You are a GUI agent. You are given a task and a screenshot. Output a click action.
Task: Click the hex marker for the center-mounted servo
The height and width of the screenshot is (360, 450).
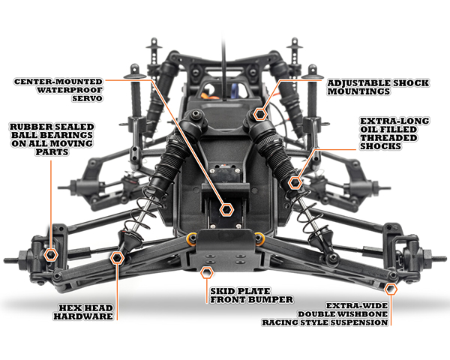[x=226, y=210]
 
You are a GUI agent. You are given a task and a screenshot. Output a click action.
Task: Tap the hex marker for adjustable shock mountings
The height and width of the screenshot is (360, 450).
[x=260, y=114]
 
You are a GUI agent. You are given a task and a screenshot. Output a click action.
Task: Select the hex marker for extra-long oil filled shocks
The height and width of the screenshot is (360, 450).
[x=295, y=182]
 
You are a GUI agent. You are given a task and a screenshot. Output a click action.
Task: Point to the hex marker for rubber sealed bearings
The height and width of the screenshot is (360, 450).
[x=51, y=255]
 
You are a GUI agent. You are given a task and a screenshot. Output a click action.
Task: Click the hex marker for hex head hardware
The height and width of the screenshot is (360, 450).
[x=117, y=258]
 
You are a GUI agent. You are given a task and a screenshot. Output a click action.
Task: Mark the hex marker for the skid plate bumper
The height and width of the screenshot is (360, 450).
[x=207, y=273]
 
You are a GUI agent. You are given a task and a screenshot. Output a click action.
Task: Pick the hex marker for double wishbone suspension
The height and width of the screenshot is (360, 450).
[x=391, y=289]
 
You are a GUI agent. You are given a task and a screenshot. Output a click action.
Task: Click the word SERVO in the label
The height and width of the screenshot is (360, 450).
[x=88, y=98]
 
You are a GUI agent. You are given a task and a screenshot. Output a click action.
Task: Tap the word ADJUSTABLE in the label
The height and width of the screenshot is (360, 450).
[x=358, y=83]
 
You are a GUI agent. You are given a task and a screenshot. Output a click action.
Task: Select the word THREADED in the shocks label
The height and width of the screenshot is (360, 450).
[x=388, y=138]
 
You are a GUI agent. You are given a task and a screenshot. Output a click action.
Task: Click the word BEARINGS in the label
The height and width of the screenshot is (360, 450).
[x=67, y=135]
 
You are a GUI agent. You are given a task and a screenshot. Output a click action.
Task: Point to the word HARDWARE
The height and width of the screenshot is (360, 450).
[x=83, y=316]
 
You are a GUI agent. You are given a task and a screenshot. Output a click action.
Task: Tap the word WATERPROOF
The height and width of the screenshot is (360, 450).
[x=70, y=90]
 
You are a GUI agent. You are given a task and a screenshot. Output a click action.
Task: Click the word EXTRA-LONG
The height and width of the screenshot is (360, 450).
[x=394, y=121]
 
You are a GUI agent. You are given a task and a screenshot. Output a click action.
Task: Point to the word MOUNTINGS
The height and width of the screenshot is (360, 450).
[x=358, y=91]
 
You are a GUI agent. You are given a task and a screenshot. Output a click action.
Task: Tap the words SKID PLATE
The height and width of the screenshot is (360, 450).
[x=240, y=291]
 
